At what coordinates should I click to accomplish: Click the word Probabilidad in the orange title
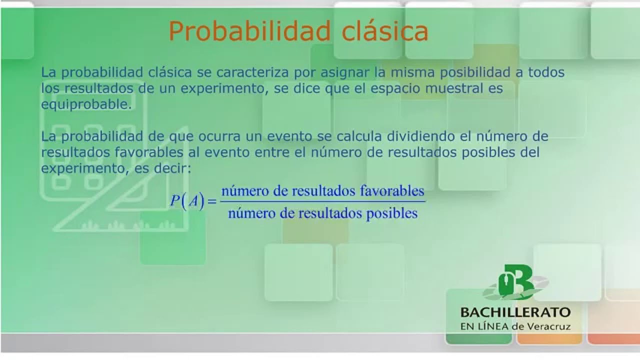[249, 31]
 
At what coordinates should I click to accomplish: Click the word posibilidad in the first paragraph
[475, 72]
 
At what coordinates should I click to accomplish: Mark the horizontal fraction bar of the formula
[322, 202]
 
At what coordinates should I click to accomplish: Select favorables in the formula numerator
[392, 191]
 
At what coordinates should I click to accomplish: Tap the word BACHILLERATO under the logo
[515, 312]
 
